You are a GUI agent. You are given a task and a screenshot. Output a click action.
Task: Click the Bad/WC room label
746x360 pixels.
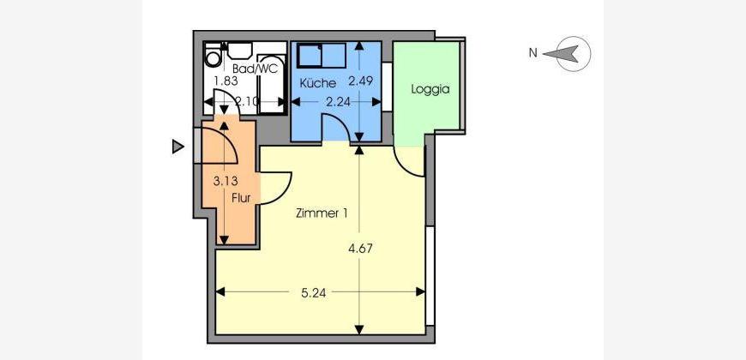pos(255,69)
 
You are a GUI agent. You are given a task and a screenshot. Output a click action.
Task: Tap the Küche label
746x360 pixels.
pos(318,83)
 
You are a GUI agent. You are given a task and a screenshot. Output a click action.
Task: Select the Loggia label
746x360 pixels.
pos(430,89)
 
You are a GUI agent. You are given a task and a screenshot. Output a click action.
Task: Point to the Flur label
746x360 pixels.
pos(241,198)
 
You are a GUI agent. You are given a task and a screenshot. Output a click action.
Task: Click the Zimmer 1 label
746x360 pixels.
pos(322,213)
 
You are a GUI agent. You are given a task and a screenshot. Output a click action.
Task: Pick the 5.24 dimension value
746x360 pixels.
pos(314,293)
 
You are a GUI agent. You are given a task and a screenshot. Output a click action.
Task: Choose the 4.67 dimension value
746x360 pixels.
pos(359,249)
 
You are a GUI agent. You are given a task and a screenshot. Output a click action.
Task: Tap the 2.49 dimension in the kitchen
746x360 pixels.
pos(360,81)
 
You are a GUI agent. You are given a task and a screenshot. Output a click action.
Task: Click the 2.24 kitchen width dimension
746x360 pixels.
pos(338,102)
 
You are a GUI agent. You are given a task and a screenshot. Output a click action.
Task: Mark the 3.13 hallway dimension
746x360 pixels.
pos(226,181)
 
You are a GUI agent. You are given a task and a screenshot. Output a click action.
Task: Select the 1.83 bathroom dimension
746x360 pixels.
pos(226,81)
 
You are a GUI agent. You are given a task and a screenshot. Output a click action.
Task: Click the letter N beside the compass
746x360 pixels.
pos(532,53)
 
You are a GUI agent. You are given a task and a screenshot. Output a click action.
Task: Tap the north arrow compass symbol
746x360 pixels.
pos(573,54)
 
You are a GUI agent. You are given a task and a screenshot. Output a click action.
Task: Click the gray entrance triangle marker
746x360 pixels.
pos(178,147)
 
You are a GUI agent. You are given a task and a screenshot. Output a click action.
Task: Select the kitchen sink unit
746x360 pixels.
pos(322,56)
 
